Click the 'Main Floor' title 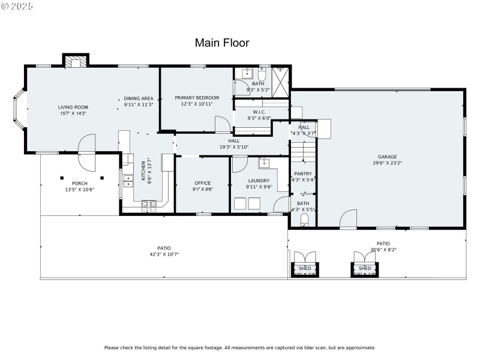222,43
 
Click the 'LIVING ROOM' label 73,107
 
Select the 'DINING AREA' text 139,98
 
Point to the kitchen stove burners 149,205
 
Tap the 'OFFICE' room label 202,182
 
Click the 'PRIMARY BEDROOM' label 197,97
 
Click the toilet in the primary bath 263,74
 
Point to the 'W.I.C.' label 259,112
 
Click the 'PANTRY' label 303,173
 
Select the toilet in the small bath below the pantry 304,220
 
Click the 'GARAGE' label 387,157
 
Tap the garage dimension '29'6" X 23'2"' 387,163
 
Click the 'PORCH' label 80,183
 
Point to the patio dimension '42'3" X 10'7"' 164,254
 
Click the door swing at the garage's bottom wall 347,221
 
